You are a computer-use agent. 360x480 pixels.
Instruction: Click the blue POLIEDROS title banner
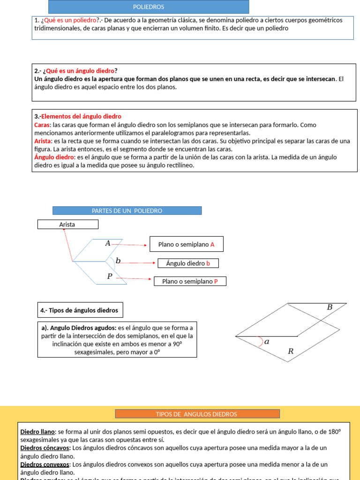point(149,7)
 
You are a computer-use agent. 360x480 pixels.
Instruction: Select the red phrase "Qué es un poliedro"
point(70,20)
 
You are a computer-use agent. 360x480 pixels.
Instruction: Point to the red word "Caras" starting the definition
point(42,125)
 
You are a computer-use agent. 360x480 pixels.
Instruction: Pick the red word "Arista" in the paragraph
point(43,141)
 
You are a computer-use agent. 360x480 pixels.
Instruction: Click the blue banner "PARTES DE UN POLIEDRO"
point(127,211)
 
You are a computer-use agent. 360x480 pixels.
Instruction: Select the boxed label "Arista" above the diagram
point(67,225)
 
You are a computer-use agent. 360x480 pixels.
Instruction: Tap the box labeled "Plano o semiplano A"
point(186,244)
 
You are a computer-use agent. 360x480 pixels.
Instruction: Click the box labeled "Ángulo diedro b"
point(188,263)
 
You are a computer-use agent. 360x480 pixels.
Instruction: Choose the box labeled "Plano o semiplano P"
point(190,281)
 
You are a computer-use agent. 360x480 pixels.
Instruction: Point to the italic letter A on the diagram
point(108,243)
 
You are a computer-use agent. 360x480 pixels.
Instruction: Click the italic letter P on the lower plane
point(110,277)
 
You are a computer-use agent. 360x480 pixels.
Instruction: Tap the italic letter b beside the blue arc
point(118,261)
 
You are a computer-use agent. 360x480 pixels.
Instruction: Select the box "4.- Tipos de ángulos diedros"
point(80,310)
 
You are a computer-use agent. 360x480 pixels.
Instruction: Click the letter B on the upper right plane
point(330,307)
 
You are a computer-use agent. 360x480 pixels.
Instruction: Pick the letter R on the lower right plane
point(291,351)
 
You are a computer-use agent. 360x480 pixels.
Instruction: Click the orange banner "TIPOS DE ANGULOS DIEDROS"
point(197,414)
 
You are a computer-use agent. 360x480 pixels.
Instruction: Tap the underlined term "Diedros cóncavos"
point(45,448)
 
